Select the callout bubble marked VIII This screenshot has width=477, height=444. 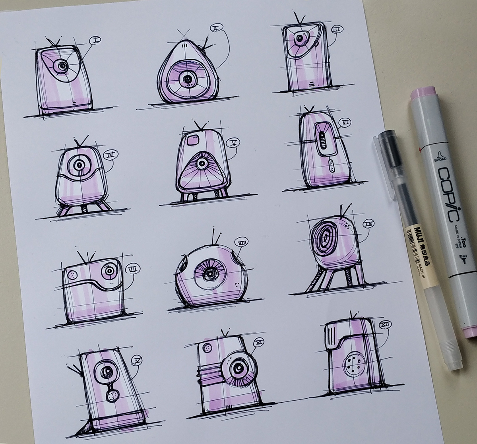coord(241,242)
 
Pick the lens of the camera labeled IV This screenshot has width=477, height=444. coord(79,164)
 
